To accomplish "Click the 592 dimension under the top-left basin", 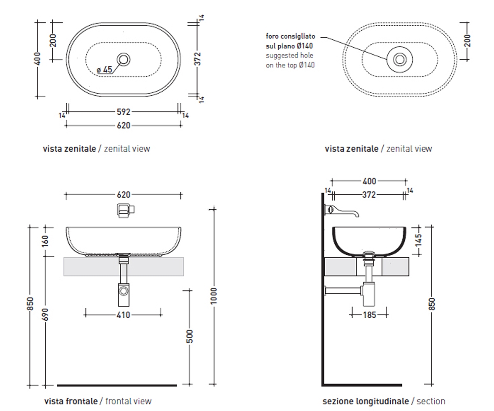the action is coord(123,112).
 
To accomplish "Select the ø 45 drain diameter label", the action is coord(104,69).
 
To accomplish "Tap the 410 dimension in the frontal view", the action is coord(123,315).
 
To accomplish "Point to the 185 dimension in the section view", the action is coord(370,315).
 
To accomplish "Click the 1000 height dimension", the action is coord(213,296).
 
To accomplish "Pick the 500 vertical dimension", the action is coord(189,336).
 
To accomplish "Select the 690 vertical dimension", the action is coord(45,314).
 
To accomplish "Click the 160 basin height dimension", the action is coord(45,241).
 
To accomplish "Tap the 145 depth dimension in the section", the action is coord(418,240).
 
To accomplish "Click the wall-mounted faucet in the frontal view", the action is coord(126,210).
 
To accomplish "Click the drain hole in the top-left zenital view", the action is coord(123,59).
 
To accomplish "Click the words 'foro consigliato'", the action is coord(290,36).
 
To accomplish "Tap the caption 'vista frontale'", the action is coord(71,401).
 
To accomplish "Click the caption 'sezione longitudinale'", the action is coord(366,401).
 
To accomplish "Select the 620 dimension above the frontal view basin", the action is coord(123,195).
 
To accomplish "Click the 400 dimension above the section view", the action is coord(369,181).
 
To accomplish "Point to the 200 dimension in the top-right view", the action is coord(468,41).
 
